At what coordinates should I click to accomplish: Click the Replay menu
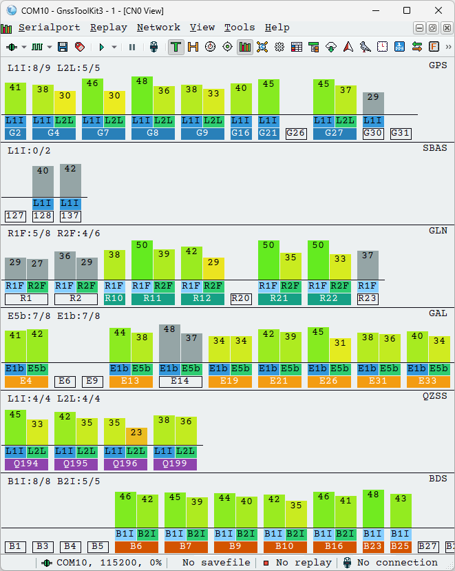(x=108, y=28)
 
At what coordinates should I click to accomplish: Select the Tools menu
(x=240, y=28)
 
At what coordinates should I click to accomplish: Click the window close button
(x=438, y=10)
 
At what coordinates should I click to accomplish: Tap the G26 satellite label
(x=296, y=133)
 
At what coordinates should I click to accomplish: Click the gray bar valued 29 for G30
(x=373, y=103)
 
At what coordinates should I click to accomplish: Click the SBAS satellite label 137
(x=70, y=216)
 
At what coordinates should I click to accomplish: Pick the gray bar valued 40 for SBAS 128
(x=43, y=182)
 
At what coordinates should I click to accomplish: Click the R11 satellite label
(x=152, y=298)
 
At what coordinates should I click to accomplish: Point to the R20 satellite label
(x=241, y=298)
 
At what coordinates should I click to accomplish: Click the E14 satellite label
(x=180, y=381)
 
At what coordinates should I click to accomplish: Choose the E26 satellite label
(x=329, y=381)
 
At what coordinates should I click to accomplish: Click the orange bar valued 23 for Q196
(x=136, y=437)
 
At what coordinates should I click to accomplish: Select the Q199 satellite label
(x=175, y=464)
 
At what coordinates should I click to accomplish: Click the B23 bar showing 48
(x=373, y=509)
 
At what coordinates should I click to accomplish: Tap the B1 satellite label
(x=15, y=546)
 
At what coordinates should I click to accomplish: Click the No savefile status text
(x=216, y=563)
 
